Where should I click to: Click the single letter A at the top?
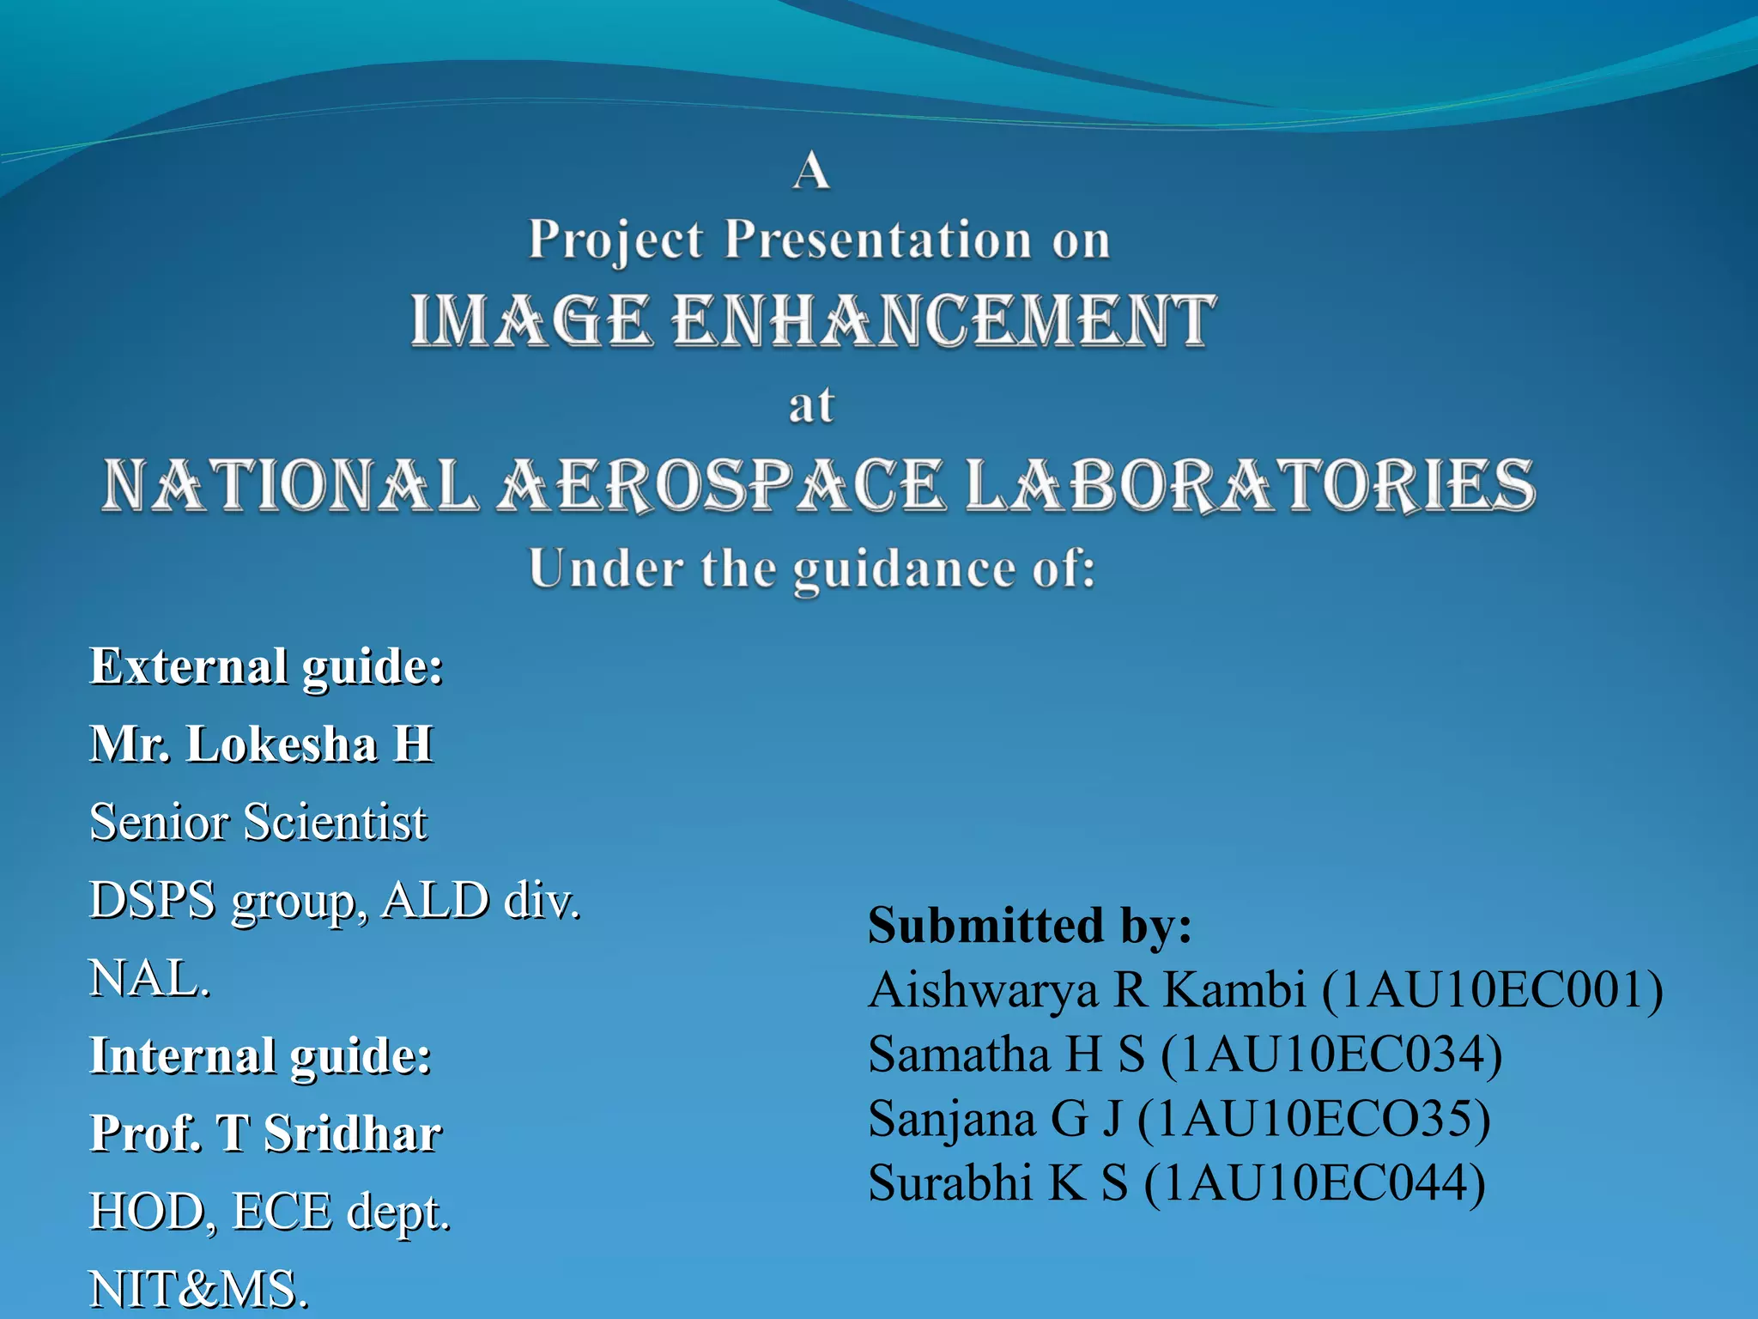click(x=810, y=170)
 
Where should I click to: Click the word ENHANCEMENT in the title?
click(x=944, y=320)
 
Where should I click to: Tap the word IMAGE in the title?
click(x=530, y=320)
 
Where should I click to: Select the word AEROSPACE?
click(x=721, y=485)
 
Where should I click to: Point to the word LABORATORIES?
click(x=1250, y=485)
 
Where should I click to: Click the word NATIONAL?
click(x=290, y=485)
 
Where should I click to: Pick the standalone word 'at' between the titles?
click(x=811, y=405)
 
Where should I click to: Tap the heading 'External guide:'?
click(x=267, y=666)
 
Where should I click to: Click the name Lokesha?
click(x=282, y=744)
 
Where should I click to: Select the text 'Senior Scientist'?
click(x=258, y=822)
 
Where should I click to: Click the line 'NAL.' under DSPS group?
click(x=150, y=978)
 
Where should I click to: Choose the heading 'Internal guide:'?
click(x=261, y=1055)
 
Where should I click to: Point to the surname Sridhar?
click(x=353, y=1134)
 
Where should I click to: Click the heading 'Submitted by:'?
click(x=1030, y=926)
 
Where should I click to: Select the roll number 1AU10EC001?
click(x=1492, y=990)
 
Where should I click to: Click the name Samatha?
click(x=959, y=1055)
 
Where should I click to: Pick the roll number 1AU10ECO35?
click(x=1313, y=1119)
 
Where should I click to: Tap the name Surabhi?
click(x=949, y=1183)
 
